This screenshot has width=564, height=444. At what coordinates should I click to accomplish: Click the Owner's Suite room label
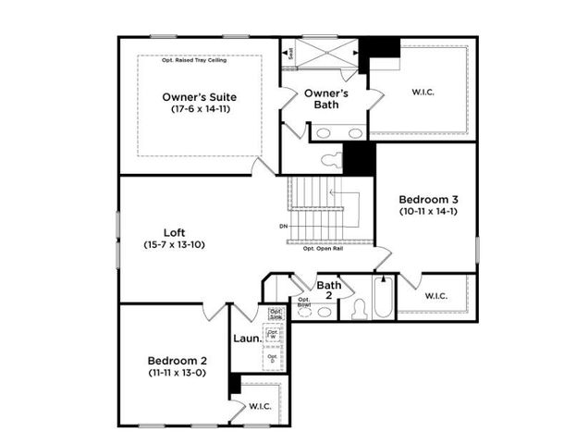199,96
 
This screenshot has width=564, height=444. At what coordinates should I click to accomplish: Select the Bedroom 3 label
428,199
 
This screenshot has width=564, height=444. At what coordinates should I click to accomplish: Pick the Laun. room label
246,339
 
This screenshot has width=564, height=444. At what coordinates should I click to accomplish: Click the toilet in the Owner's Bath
330,160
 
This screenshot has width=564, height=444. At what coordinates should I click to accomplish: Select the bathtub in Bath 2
384,297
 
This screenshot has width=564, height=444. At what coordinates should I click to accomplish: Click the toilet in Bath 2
360,309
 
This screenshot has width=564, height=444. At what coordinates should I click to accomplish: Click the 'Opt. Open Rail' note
323,248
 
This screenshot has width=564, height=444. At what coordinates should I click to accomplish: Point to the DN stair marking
283,227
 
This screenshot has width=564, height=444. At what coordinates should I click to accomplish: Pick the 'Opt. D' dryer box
273,357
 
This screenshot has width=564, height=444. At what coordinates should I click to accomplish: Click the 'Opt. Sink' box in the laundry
275,313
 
